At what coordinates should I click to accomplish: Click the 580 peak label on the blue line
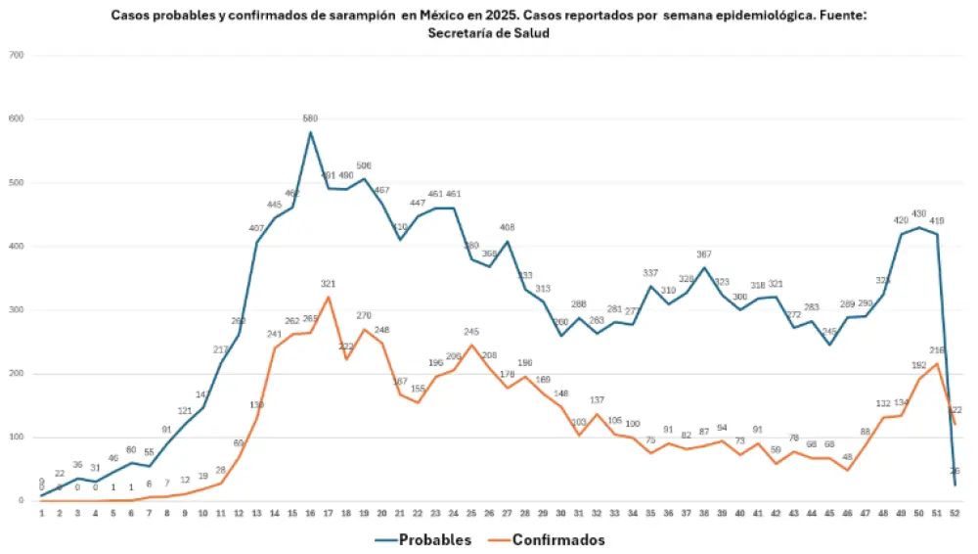click(310, 119)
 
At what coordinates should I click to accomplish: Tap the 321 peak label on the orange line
click(329, 284)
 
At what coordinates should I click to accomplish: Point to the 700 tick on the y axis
click(17, 55)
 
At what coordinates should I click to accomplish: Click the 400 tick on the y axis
click(17, 246)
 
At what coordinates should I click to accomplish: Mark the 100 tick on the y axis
click(17, 438)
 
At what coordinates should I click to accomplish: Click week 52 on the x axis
click(955, 513)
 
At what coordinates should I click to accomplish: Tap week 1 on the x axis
click(41, 513)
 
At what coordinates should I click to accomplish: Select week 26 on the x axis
click(489, 513)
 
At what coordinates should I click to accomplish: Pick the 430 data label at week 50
click(919, 214)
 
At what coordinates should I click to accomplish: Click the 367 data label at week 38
click(704, 254)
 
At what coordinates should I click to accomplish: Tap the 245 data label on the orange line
click(471, 332)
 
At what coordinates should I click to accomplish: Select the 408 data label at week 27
click(508, 228)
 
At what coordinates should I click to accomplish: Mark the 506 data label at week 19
click(364, 166)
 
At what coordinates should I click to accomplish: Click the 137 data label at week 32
click(598, 400)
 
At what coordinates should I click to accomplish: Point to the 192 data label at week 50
click(919, 366)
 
